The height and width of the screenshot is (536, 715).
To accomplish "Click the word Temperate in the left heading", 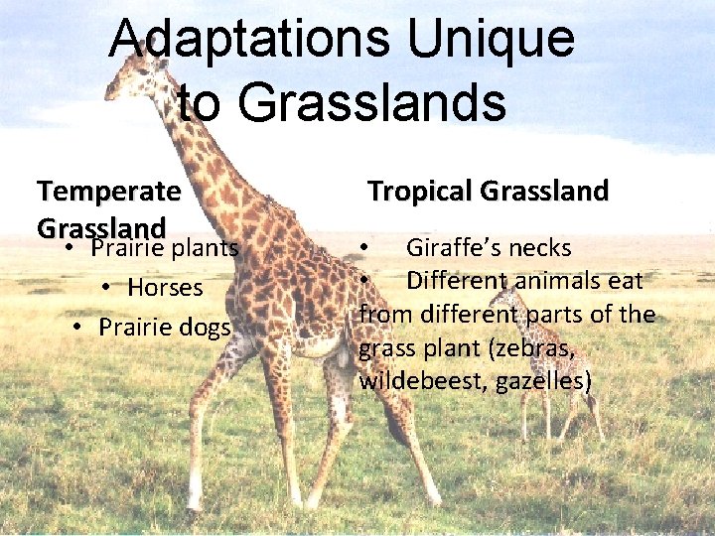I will click(x=109, y=190).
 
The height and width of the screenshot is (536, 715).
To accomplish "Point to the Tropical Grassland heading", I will click(x=488, y=192).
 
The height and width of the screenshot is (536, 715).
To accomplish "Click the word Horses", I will click(x=165, y=288).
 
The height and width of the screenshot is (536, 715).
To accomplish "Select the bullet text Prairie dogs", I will click(x=164, y=327).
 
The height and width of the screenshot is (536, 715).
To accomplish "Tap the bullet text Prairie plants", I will click(x=164, y=247).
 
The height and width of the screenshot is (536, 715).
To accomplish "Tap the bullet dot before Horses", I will click(x=105, y=289).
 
